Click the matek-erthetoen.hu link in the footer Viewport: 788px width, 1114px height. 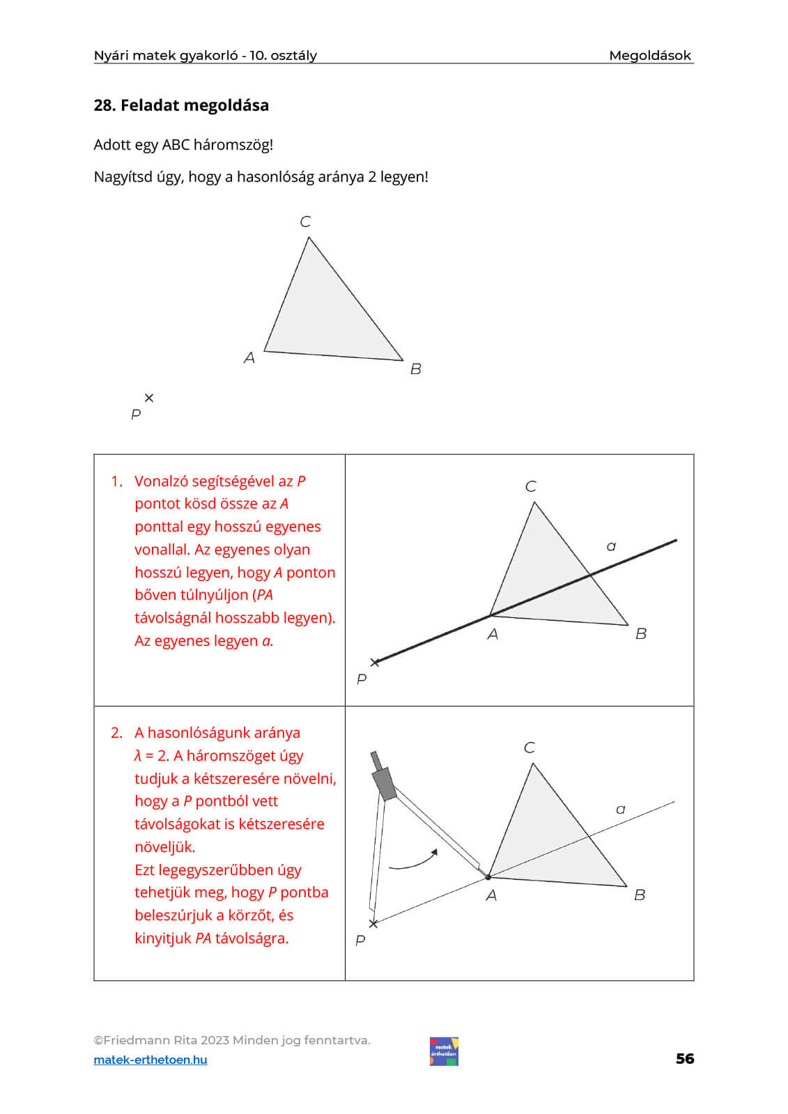[x=150, y=1060]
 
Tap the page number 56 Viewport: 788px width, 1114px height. [x=684, y=1059]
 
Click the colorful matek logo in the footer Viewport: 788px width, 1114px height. [x=444, y=1051]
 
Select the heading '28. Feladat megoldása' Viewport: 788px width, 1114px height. [x=181, y=105]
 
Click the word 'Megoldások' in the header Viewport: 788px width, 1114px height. [x=650, y=55]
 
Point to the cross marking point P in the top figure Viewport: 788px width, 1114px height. [x=148, y=398]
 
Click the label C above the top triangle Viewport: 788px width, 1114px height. [x=305, y=222]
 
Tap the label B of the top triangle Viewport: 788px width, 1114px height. [x=416, y=369]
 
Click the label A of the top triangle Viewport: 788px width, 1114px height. [x=249, y=357]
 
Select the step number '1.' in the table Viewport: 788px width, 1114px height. [x=116, y=481]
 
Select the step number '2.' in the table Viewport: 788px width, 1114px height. [x=116, y=733]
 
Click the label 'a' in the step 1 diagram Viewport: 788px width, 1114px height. [x=612, y=547]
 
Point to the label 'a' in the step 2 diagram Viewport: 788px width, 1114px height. [x=620, y=810]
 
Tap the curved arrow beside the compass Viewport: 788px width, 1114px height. [x=414, y=862]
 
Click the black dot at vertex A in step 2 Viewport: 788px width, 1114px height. [x=488, y=877]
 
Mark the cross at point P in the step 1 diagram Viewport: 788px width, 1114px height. [x=375, y=663]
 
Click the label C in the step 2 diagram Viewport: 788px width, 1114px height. [x=530, y=748]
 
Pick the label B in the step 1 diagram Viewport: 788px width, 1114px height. [x=641, y=633]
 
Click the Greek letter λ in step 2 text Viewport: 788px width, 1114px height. [x=138, y=756]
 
